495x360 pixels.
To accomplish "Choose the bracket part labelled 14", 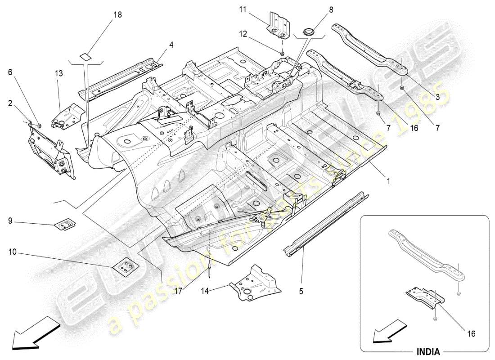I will pyautogui.click(x=255, y=282).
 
